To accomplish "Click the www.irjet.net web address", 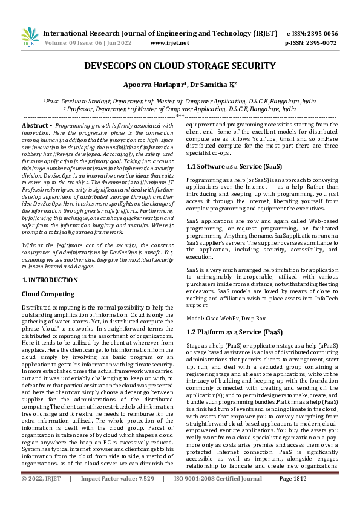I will pyautogui.click(x=169, y=43).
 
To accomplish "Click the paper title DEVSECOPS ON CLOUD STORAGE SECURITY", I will pyautogui.click(x=180, y=66).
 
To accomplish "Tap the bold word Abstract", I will pyautogui.click(x=35, y=124).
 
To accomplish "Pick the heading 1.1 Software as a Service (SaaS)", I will pyautogui.click(x=233, y=166).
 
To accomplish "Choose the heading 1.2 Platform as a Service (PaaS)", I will pyautogui.click(x=234, y=332).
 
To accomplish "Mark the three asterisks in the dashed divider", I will pyautogui.click(x=180, y=115).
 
